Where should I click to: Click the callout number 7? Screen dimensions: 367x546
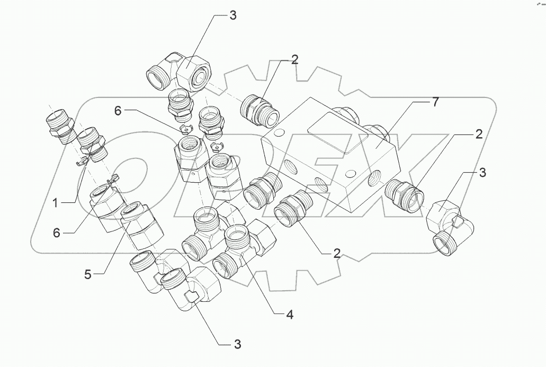click(x=435, y=103)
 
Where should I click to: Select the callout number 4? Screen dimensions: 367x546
click(x=289, y=315)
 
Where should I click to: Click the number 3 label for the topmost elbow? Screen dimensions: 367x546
click(x=232, y=15)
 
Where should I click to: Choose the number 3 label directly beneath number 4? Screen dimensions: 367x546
click(x=237, y=344)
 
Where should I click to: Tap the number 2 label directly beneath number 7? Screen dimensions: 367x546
click(x=479, y=135)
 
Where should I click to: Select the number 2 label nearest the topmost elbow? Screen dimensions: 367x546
click(x=294, y=60)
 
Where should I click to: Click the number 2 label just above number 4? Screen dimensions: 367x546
click(x=336, y=253)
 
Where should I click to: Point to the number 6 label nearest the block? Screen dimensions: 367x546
click(x=118, y=110)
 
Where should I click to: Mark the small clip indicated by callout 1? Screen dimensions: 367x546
click(x=84, y=163)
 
